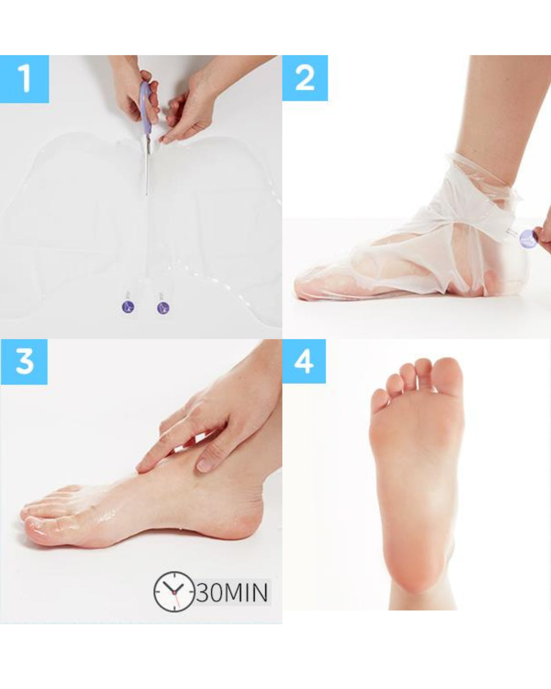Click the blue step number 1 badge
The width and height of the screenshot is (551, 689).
(25, 79)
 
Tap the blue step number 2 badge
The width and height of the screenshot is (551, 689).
(305, 78)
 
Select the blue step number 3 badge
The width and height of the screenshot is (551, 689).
(24, 361)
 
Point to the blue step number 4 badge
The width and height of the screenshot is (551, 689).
(304, 361)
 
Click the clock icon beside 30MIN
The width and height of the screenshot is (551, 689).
(173, 591)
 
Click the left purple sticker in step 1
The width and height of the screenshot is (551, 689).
(128, 306)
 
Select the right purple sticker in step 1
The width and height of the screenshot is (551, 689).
(163, 308)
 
